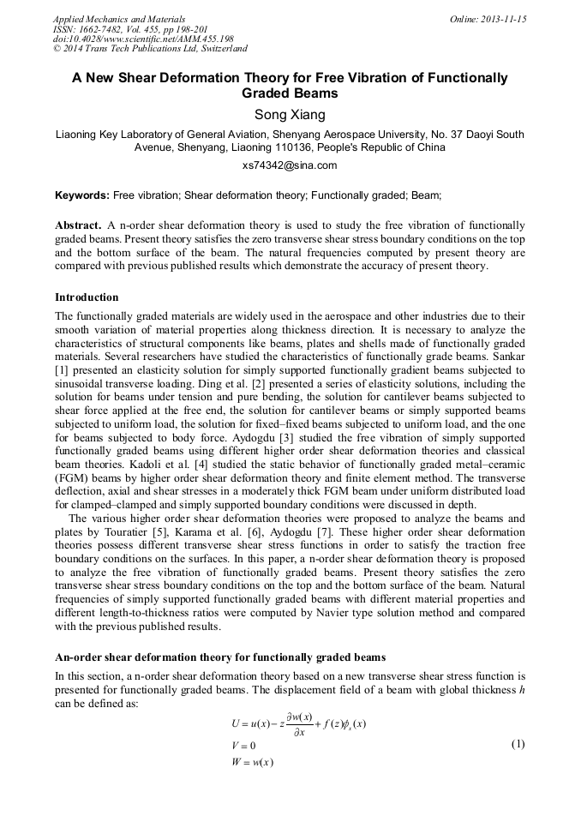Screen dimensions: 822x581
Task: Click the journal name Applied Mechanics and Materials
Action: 119,19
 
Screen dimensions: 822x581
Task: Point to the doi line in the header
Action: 143,39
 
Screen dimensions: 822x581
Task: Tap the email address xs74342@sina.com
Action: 290,165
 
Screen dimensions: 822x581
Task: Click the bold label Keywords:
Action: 82,195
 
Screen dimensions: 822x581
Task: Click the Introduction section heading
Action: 87,297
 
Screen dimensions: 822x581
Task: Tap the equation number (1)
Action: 518,744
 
